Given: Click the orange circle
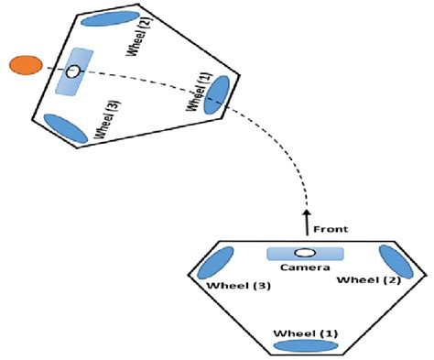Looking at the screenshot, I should click(x=25, y=66).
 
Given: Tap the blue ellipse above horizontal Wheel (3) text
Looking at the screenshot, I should click(x=210, y=265).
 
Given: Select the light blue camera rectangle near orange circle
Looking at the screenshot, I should click(x=74, y=71).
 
